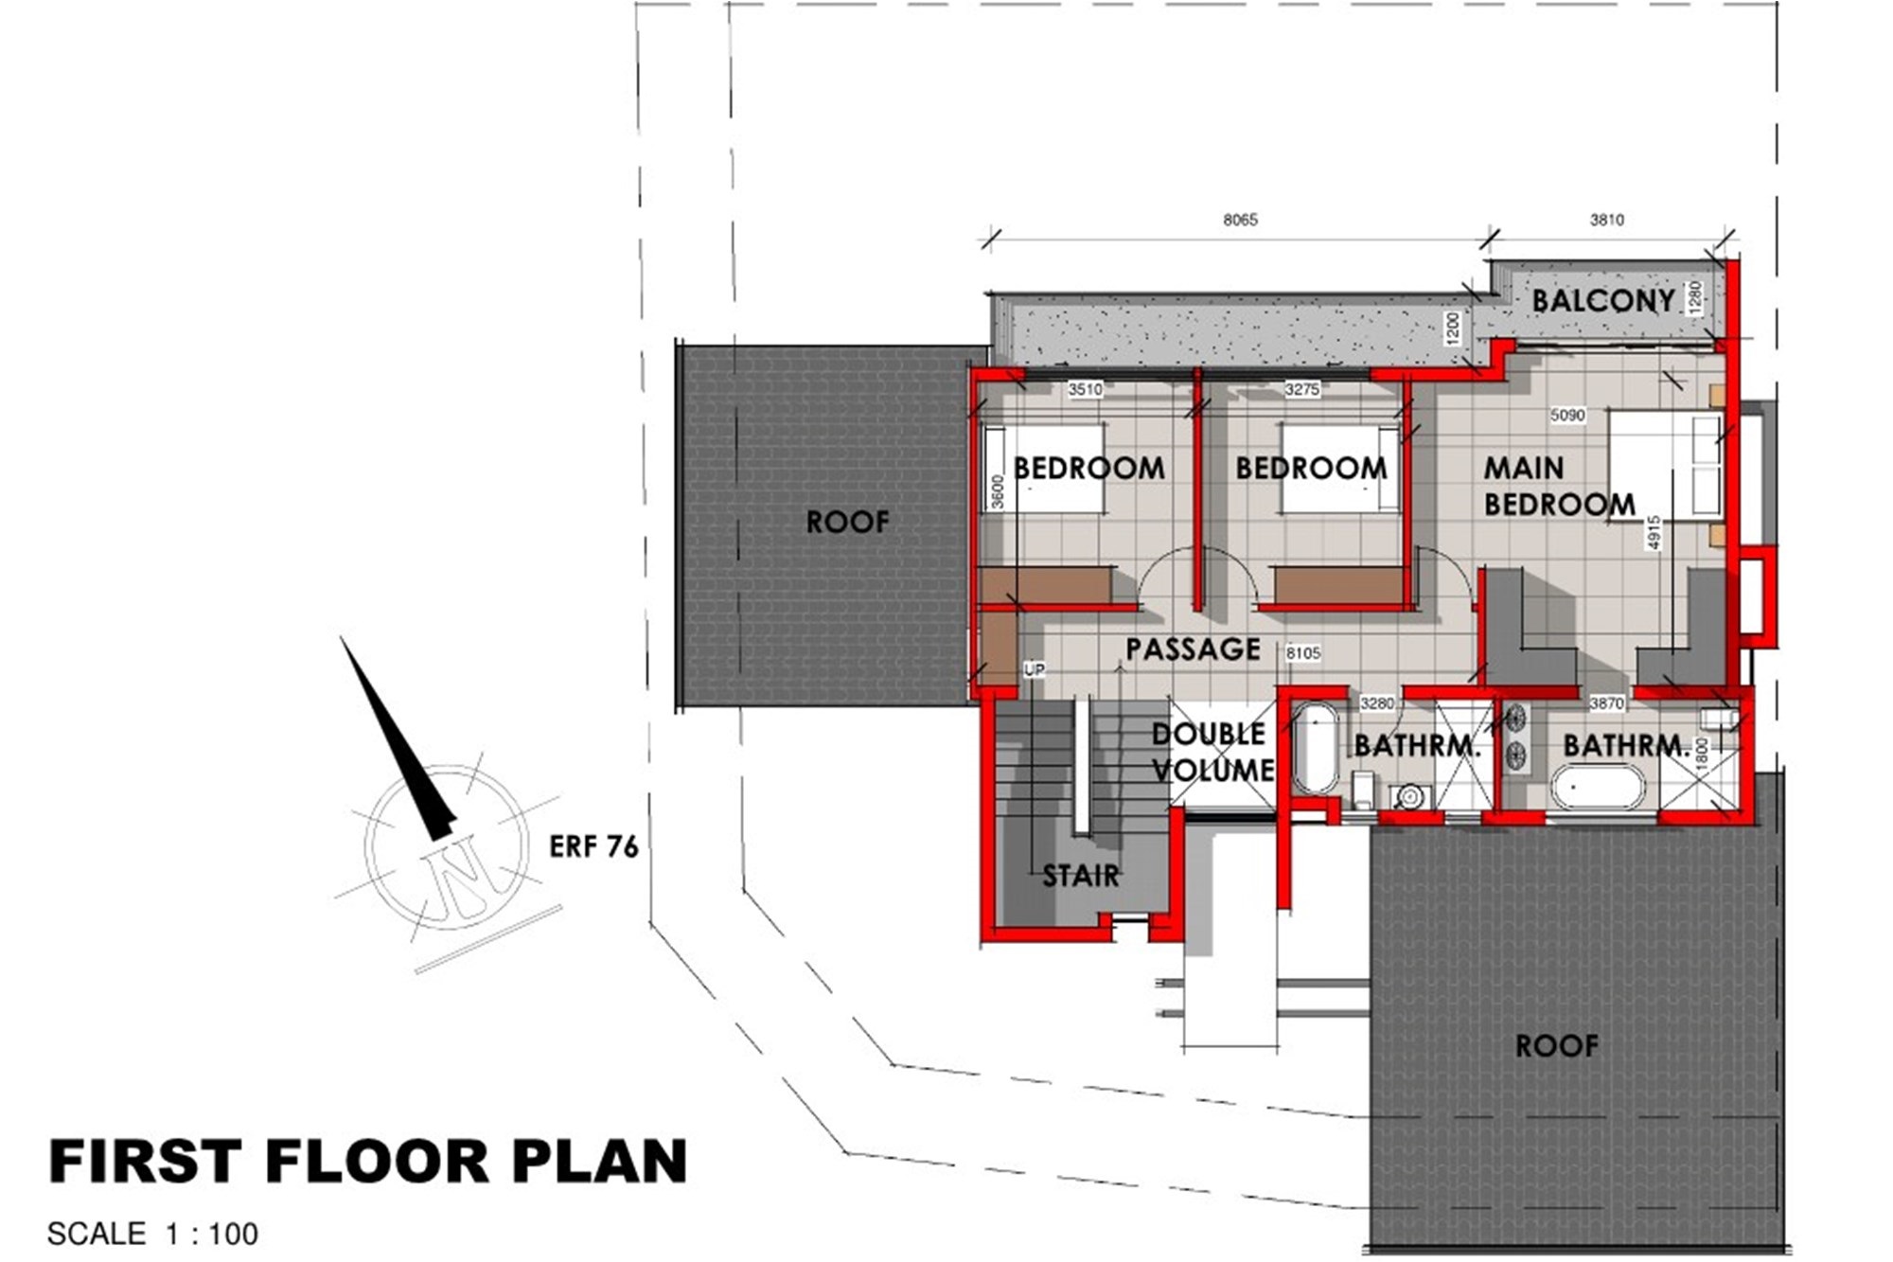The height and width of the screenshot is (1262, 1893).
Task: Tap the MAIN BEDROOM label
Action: pos(1559,486)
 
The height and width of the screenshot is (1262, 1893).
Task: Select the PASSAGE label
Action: pos(1193,649)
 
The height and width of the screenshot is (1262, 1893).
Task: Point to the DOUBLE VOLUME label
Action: pos(1212,752)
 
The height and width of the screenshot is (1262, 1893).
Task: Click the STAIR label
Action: pos(1081,876)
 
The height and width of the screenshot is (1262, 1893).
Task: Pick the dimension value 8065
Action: pos(1240,220)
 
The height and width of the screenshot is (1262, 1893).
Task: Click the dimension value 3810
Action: pos(1606,220)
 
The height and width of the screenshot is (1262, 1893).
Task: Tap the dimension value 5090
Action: pos(1567,415)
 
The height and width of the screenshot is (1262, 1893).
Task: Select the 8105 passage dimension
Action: pos(1303,653)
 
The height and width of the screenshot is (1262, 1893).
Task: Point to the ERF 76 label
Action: pos(593,846)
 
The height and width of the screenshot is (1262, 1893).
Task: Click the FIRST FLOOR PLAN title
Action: pos(367,1162)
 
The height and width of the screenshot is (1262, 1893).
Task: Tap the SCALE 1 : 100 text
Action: pos(152,1235)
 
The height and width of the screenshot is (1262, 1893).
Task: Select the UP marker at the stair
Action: pos(1035,669)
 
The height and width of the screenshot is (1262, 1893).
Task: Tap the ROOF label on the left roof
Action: pos(847,522)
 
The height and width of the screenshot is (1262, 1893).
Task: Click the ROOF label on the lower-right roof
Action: pos(1557,1046)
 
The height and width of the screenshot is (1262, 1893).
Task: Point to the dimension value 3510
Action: pos(1086,389)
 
